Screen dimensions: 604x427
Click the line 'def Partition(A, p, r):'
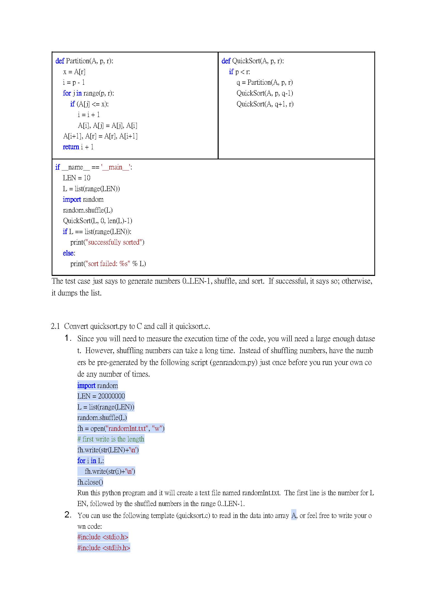click(x=84, y=61)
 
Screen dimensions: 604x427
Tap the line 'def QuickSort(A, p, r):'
click(x=252, y=61)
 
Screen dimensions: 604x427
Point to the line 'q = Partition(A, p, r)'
click(x=265, y=83)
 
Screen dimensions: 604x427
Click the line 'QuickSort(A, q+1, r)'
click(x=265, y=104)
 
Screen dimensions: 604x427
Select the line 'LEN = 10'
click(x=76, y=178)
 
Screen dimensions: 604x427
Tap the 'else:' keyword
click(x=69, y=253)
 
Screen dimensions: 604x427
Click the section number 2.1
click(x=55, y=327)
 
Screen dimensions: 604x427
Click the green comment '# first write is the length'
click(x=111, y=439)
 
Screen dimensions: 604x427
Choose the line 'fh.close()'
click(x=90, y=482)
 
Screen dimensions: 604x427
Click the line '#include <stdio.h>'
click(x=102, y=537)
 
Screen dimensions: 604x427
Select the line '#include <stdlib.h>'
click(x=104, y=548)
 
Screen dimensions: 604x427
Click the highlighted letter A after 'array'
click(x=294, y=516)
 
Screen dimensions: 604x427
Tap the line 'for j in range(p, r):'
click(x=88, y=93)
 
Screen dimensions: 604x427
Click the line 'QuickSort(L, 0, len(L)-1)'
click(x=97, y=221)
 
